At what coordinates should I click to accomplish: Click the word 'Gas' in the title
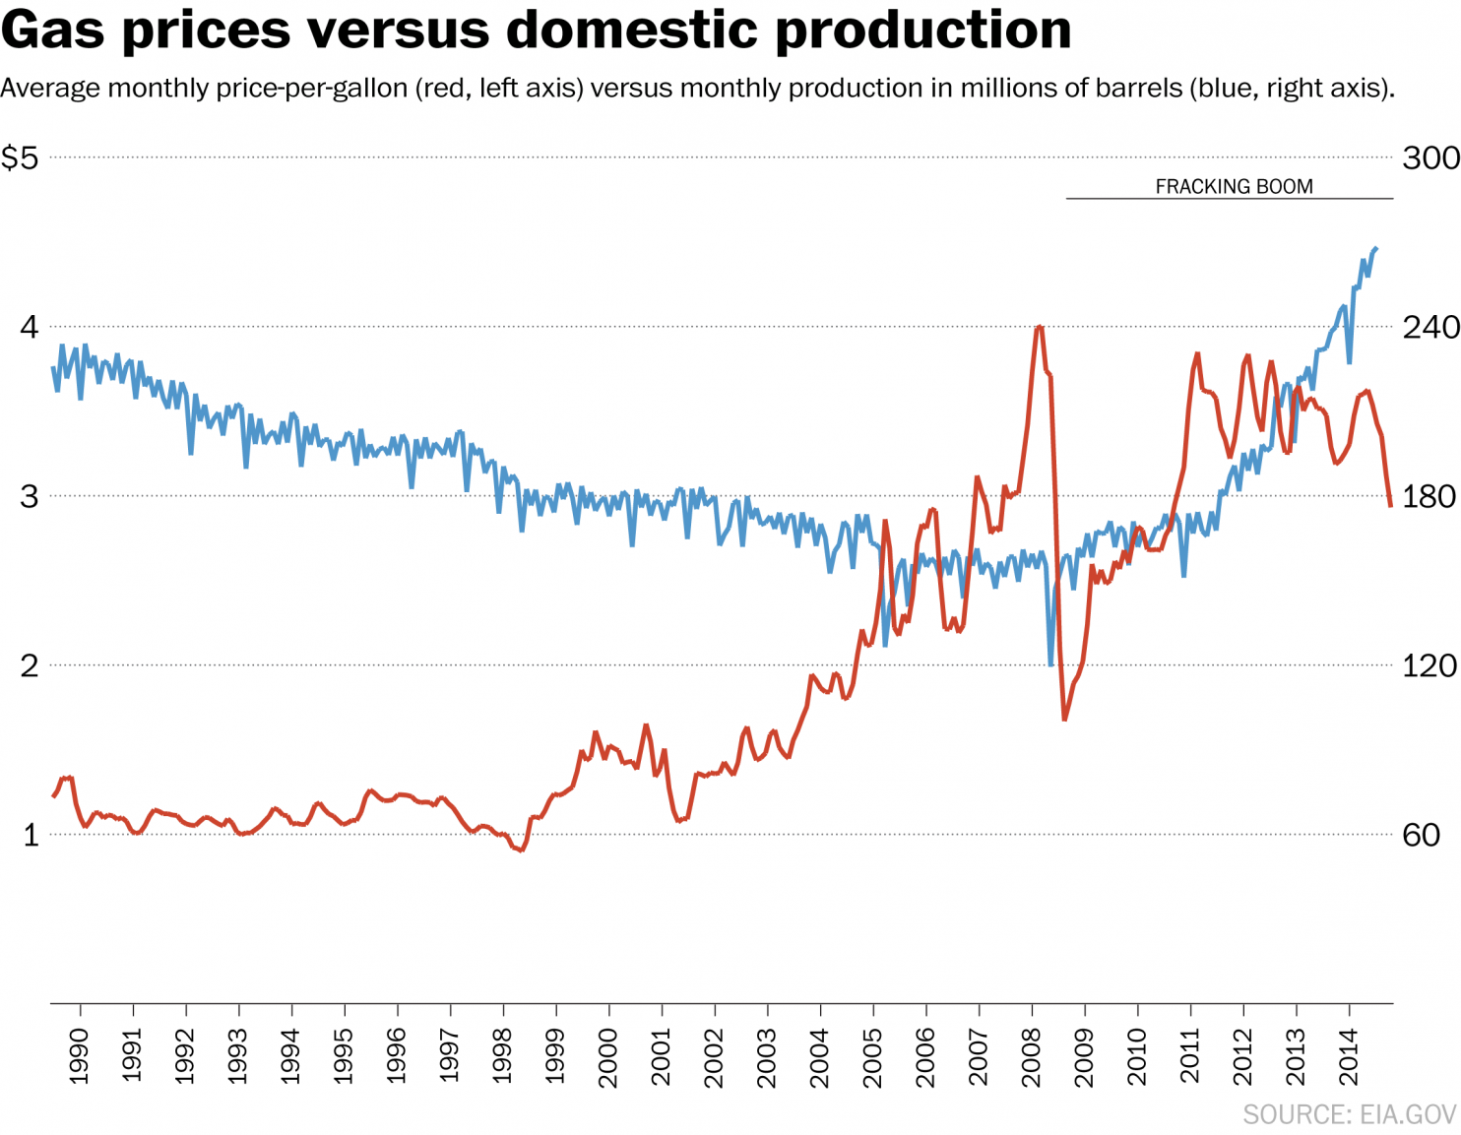click(52, 30)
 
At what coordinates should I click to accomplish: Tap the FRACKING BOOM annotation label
click(1234, 186)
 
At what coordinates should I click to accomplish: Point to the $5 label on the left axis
click(20, 158)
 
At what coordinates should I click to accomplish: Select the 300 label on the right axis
click(1429, 158)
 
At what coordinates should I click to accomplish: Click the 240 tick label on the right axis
click(1429, 327)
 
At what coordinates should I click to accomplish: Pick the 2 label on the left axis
click(30, 665)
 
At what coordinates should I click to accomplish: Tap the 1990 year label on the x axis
click(80, 1056)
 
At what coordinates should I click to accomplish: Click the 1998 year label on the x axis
click(503, 1056)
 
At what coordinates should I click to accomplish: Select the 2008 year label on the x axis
click(1032, 1056)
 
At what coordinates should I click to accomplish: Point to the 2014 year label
click(1349, 1056)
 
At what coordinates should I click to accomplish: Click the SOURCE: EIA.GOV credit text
click(1349, 1114)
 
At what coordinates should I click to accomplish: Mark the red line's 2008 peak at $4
click(1040, 327)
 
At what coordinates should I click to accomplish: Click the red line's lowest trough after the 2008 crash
click(1064, 720)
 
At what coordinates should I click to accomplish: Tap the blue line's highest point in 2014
click(1375, 249)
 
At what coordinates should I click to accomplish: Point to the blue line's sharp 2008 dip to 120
click(1051, 664)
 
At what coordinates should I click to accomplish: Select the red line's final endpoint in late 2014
click(1390, 505)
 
